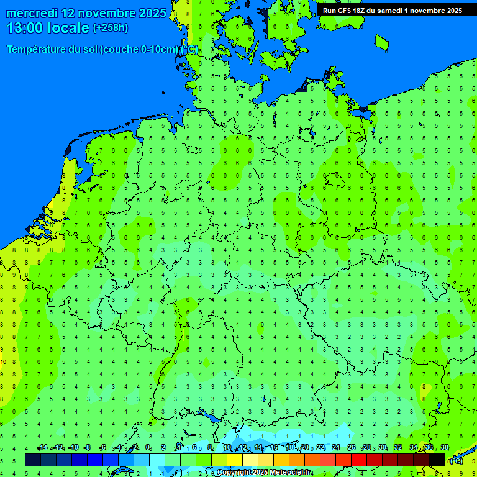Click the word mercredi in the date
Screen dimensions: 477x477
pos(31,13)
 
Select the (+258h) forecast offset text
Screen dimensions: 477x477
pos(111,27)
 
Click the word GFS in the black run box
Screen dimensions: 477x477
pos(344,11)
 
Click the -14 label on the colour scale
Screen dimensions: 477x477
pos(42,448)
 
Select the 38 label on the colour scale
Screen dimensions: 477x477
pos(445,448)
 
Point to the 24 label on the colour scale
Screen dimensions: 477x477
pos(336,448)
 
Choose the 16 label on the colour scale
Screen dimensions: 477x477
pos(274,448)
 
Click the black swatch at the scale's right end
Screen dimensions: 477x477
pos(437,460)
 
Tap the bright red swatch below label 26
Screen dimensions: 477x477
pos(359,460)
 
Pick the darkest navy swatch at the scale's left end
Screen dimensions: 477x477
pos(33,460)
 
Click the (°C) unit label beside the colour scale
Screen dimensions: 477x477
pos(456,461)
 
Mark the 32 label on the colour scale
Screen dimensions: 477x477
pos(398,448)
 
